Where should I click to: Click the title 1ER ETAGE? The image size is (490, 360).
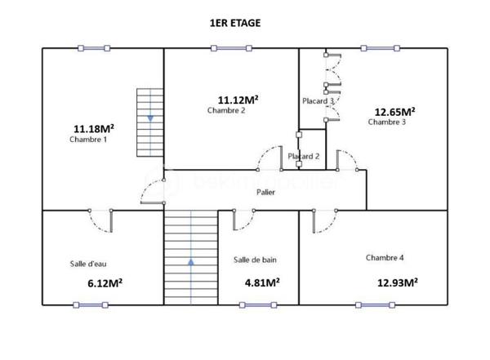tap(235, 24)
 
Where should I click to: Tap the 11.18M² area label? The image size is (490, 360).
tap(94, 128)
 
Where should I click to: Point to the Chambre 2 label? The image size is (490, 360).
tap(226, 110)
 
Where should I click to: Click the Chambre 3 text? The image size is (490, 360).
tap(387, 122)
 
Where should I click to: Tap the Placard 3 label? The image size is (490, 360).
tap(318, 100)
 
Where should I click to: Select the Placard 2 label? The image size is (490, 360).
tap(304, 156)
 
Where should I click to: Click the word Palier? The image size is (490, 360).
tap(265, 193)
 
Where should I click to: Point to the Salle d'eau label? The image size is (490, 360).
tap(89, 264)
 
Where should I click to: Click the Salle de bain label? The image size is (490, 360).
tap(255, 260)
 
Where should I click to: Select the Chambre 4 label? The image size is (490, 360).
tap(385, 257)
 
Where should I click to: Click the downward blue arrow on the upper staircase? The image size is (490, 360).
tap(150, 119)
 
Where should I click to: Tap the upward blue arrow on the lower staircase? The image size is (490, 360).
tap(191, 262)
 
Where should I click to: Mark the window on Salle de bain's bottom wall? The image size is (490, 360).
tap(258, 305)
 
